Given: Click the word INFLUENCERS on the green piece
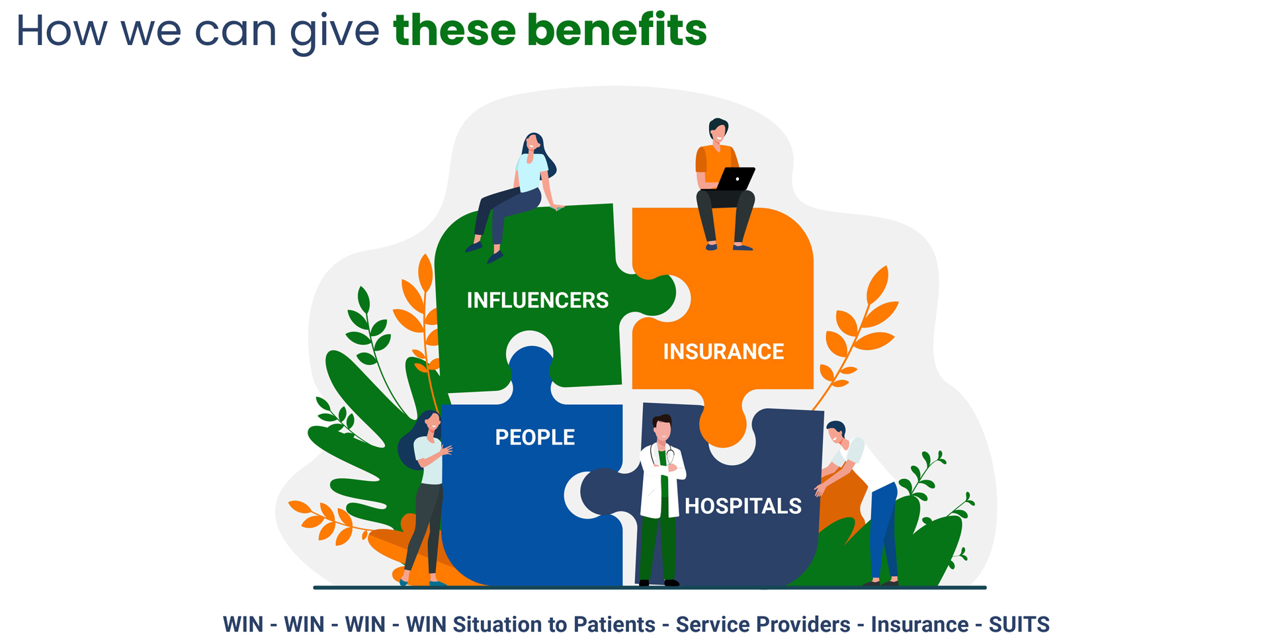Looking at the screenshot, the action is coord(537,300).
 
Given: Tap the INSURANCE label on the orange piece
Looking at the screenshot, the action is coord(724,351).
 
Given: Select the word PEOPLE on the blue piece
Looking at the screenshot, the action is coord(535,437).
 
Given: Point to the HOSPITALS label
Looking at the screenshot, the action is coord(743,506).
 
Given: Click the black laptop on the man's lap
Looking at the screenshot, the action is coord(736,179).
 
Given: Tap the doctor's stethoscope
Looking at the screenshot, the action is coord(662,456).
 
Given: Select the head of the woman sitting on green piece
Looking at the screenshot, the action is coord(533,144).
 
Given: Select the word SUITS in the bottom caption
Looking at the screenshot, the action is coord(1019,624).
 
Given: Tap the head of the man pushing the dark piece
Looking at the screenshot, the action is coord(835,433).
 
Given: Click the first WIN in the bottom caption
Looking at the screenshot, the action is coord(243,624).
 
